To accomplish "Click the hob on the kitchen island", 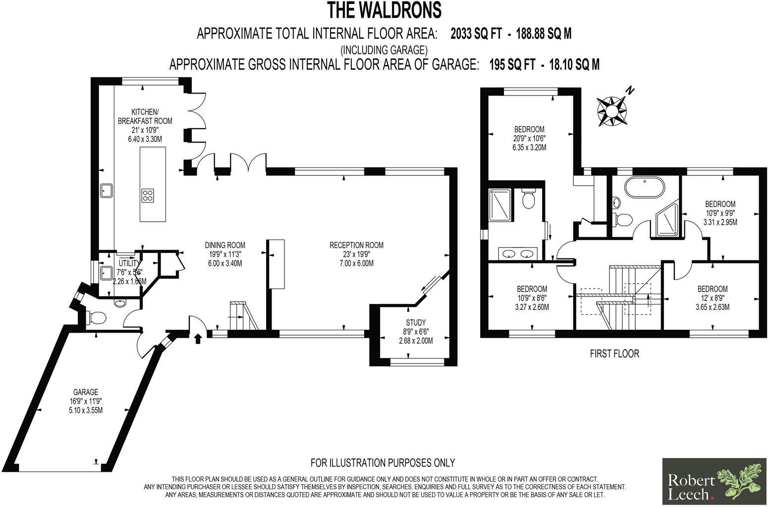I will click(148, 195).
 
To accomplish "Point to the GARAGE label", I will click(86, 392).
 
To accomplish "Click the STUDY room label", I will click(416, 323).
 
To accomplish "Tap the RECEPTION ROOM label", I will click(356, 245).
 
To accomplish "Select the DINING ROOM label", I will click(225, 245).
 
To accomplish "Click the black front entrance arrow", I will click(198, 339).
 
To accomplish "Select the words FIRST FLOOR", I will click(614, 354).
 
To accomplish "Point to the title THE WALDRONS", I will click(384, 10).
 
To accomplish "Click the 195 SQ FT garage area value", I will click(512, 65).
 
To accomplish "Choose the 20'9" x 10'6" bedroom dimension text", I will click(529, 139).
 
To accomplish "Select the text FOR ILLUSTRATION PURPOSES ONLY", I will click(383, 463).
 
